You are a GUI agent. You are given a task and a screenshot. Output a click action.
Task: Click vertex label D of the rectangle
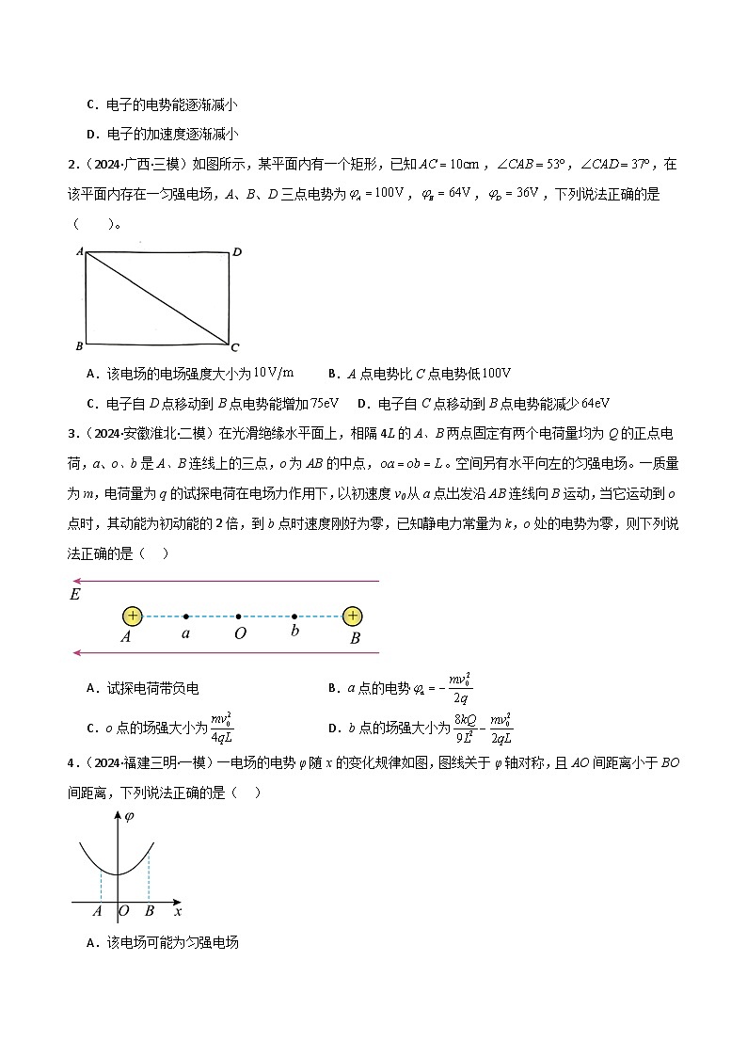click(237, 251)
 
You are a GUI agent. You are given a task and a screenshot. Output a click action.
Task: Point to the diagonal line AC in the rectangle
click(157, 297)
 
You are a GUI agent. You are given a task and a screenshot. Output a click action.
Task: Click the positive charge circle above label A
click(133, 616)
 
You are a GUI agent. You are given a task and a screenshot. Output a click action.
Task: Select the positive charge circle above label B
click(352, 616)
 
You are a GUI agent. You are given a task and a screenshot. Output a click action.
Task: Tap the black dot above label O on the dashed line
click(239, 617)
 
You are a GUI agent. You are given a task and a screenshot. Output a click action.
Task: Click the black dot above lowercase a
click(186, 617)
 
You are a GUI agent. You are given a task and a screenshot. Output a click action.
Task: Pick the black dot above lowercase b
click(294, 617)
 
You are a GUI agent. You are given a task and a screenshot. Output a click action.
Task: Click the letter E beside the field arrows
click(74, 595)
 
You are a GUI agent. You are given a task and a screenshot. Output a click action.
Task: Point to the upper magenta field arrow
click(226, 581)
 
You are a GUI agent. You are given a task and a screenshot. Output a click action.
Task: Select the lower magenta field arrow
click(226, 652)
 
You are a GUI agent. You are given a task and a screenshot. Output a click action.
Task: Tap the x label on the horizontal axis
click(178, 911)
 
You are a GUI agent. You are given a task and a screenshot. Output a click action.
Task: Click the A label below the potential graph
click(98, 911)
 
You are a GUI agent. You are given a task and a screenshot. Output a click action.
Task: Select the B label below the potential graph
click(149, 911)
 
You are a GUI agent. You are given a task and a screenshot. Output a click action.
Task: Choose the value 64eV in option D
click(591, 403)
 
